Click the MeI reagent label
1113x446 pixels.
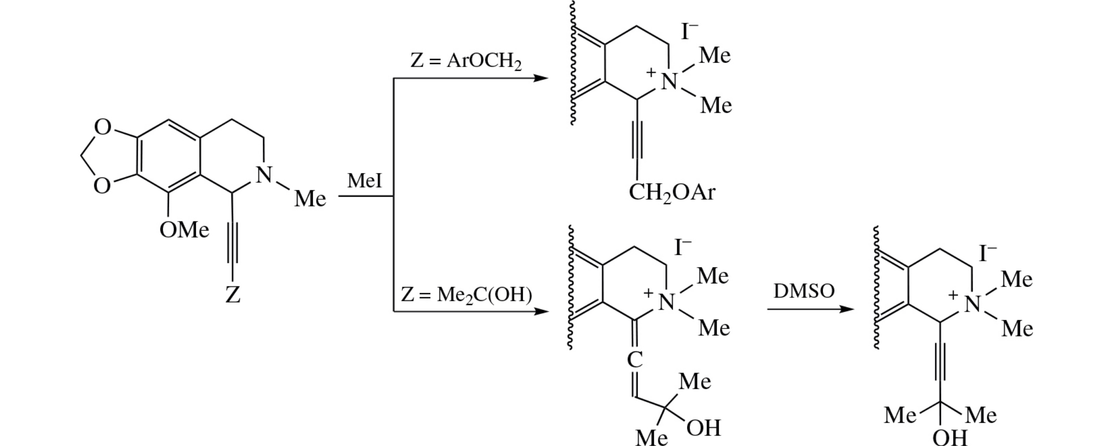[x=364, y=181]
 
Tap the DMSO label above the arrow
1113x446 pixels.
[x=804, y=291]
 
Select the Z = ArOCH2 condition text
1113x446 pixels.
[x=466, y=61]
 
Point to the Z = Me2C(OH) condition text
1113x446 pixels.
[x=466, y=294]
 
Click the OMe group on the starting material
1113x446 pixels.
[x=184, y=230]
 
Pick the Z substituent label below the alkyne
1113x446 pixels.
[x=232, y=294]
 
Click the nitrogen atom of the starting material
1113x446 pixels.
[x=264, y=175]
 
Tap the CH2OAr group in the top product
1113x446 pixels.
[x=671, y=192]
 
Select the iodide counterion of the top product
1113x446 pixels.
[x=689, y=32]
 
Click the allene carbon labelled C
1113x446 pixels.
[x=635, y=359]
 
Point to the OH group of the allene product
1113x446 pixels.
[x=704, y=428]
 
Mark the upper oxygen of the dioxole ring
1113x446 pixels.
[x=102, y=127]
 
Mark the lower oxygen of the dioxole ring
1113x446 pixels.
[x=102, y=186]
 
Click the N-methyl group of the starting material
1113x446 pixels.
[x=310, y=199]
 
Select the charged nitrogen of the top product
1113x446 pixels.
[x=669, y=81]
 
